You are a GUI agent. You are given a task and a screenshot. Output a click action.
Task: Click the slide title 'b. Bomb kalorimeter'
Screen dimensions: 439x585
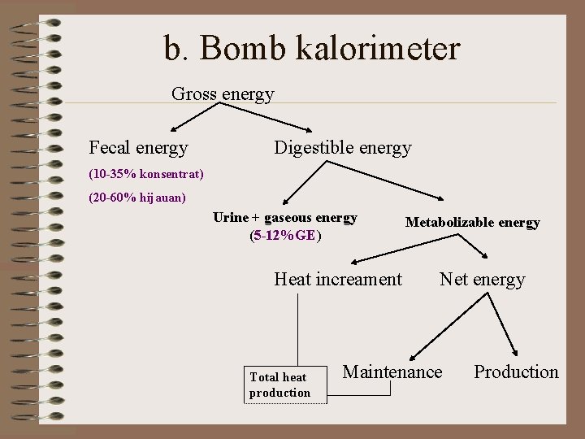coord(311,49)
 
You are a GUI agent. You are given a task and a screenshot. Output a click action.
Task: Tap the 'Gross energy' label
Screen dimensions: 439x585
coord(223,94)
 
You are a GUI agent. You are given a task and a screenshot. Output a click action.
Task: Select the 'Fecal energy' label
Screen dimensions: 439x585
coord(138,148)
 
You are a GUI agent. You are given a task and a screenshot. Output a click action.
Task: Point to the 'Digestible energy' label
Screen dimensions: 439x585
coord(342,148)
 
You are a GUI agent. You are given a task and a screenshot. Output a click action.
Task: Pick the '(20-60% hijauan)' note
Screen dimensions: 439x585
coord(137,198)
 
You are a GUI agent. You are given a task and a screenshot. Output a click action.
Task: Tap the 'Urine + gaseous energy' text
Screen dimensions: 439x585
coord(284,218)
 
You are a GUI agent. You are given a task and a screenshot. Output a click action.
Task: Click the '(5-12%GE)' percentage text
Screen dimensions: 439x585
coord(285,236)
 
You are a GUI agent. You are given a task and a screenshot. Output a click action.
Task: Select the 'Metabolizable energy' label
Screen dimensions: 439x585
coord(472,223)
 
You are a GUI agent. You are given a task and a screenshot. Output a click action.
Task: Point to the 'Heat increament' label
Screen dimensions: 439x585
coord(338,280)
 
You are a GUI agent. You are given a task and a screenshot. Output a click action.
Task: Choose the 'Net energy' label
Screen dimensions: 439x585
coord(482,280)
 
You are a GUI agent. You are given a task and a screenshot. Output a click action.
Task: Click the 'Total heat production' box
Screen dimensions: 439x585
coord(279,385)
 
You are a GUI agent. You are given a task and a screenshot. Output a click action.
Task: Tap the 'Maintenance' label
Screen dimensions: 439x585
coord(392,372)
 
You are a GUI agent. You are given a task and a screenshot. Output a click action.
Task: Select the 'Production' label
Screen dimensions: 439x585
coord(516,372)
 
